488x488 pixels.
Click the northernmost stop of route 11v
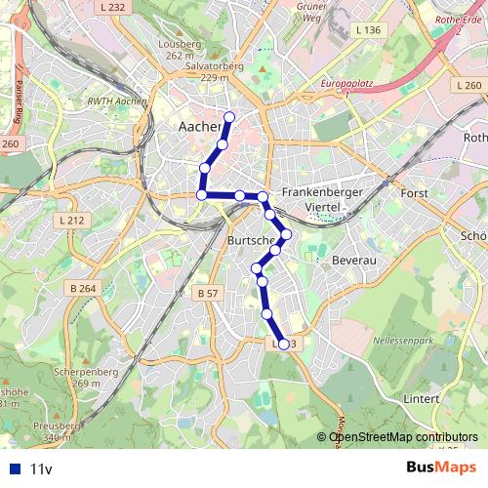(229, 118)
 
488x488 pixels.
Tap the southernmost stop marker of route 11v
(284, 344)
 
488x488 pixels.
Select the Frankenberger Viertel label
(322, 200)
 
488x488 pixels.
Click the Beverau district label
(354, 263)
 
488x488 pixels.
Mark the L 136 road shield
(368, 30)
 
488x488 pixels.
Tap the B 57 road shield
(206, 293)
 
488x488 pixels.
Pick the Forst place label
(415, 193)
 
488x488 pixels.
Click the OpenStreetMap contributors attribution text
(403, 436)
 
